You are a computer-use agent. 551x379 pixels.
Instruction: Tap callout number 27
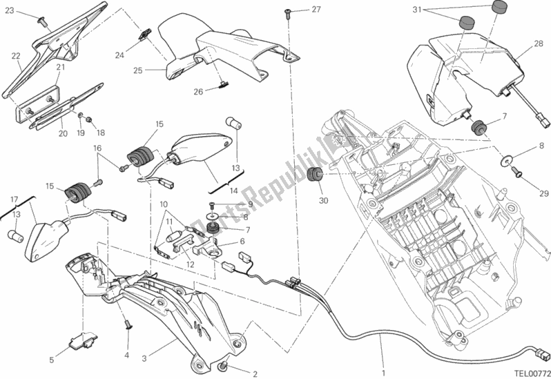click(x=316, y=9)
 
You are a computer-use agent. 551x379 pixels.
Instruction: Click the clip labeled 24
click(x=144, y=34)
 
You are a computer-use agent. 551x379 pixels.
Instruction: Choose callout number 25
click(x=137, y=70)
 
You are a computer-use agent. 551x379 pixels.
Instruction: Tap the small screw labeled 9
click(x=213, y=205)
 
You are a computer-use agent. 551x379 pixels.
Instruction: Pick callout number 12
click(x=189, y=264)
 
